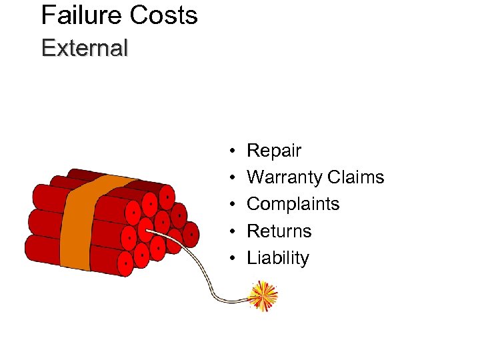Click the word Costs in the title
164,15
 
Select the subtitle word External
84,48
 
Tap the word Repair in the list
274,151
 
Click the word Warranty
284,178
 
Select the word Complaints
293,204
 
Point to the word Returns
279,231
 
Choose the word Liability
278,258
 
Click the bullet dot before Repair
229,151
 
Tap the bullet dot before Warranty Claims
229,178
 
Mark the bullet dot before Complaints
229,205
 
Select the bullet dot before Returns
229,231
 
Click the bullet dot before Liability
229,258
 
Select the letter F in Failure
47,15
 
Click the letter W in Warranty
256,178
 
